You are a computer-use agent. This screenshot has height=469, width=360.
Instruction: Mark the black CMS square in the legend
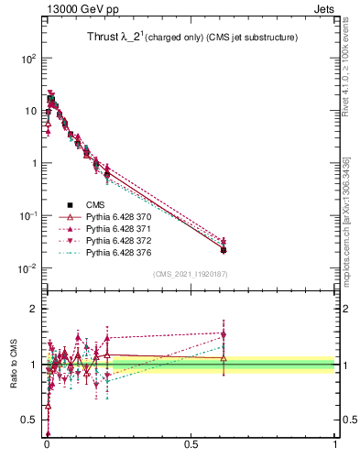(69, 204)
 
